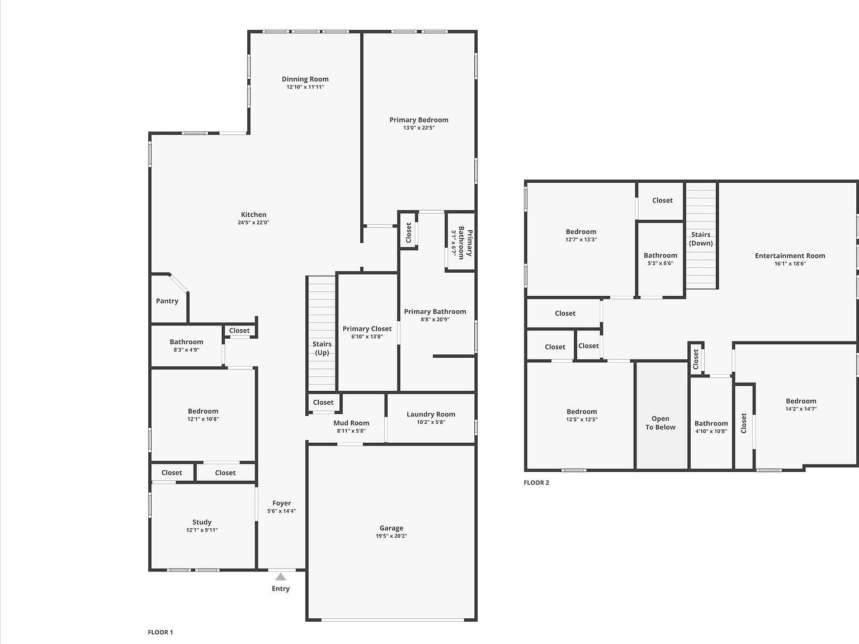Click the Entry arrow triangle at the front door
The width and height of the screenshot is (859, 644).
pos(281,577)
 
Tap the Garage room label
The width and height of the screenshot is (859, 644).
pos(391,528)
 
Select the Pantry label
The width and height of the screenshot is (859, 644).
pos(167,301)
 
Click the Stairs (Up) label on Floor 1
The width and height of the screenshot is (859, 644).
pos(322,348)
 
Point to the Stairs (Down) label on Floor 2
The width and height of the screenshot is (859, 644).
pos(701,239)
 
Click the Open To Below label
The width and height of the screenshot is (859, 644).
pos(660,423)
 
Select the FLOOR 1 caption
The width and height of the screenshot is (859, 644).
pos(161,632)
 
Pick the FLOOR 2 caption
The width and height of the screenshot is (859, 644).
pos(536,482)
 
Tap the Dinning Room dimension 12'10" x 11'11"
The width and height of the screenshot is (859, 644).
pos(305,87)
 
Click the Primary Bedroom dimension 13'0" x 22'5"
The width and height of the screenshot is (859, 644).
pos(419,128)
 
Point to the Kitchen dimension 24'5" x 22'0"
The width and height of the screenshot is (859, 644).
pos(253,222)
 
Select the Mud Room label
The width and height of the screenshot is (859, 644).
pos(351,423)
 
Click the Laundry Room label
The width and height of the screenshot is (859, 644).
pos(431,414)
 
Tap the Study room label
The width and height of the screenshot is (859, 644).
pos(202,522)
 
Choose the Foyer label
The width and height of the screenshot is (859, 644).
pos(281,503)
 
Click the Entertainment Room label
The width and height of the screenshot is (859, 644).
pos(790,255)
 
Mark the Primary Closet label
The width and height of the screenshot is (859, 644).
pos(367,329)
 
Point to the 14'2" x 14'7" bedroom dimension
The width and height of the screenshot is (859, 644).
pos(801,409)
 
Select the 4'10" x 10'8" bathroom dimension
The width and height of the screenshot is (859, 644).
pos(711,432)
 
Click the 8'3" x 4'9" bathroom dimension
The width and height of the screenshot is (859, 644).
pos(186,350)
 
